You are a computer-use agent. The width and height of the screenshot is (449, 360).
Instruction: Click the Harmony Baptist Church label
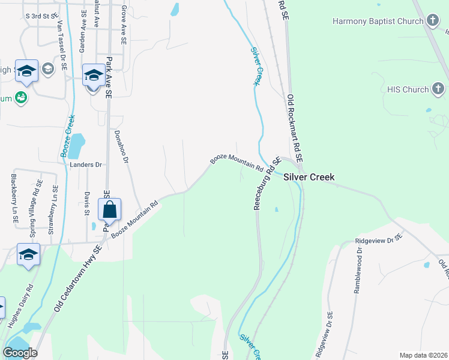pyautogui.click(x=378, y=22)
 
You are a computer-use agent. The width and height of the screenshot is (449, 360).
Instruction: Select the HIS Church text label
pyautogui.click(x=408, y=90)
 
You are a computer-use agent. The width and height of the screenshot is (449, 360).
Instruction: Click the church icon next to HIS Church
pyautogui.click(x=438, y=90)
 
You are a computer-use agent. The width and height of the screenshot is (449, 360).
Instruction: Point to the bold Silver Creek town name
pyautogui.click(x=309, y=177)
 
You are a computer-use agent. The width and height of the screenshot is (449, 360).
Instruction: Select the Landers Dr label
pyautogui.click(x=86, y=164)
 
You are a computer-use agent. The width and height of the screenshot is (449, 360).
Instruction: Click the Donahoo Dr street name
pyautogui.click(x=122, y=146)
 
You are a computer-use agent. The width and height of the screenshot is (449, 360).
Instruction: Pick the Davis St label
pyautogui.click(x=87, y=204)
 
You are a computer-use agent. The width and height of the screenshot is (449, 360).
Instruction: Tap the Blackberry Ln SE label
pyautogui.click(x=13, y=200)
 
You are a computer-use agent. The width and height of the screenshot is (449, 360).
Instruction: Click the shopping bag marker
pyautogui.click(x=109, y=210)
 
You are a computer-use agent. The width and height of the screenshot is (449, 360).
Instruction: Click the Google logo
pyautogui.click(x=20, y=353)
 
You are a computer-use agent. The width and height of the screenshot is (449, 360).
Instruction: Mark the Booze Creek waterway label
pyautogui.click(x=67, y=136)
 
